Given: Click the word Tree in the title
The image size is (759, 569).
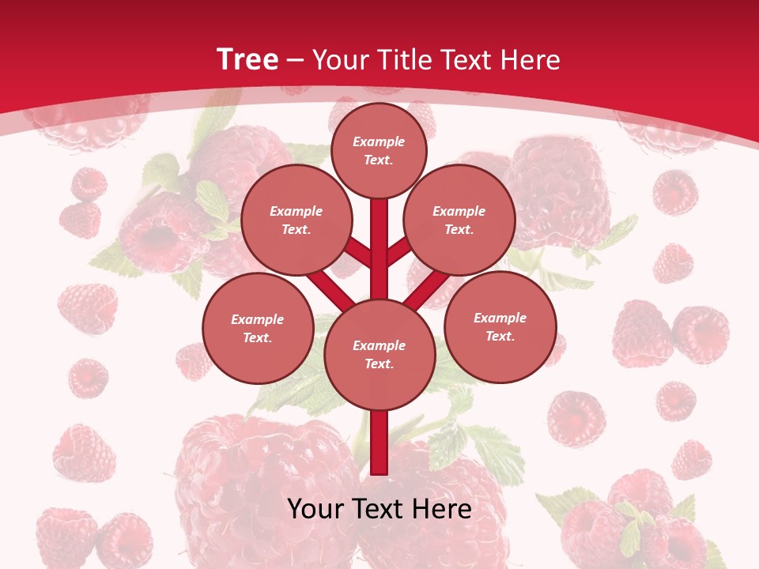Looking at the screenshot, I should pos(247,59).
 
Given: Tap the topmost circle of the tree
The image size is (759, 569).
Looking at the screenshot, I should pos(379,150).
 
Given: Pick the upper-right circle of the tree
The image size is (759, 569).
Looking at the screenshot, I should pos(459,220).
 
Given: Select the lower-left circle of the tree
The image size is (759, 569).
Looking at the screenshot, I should pos(258,328).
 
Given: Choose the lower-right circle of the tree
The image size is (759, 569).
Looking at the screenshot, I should pos(500,326).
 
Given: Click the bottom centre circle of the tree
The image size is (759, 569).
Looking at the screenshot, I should pos(379,354).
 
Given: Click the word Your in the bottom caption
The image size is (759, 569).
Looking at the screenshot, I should pos(315,509).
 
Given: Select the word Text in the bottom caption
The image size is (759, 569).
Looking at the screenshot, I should pos(377,509).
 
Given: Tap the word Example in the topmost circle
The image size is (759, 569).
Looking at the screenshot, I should pos(379,141).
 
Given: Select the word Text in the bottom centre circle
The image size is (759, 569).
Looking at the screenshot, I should pos(379,364).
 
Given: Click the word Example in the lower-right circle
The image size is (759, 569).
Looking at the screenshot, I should pos(500,318).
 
